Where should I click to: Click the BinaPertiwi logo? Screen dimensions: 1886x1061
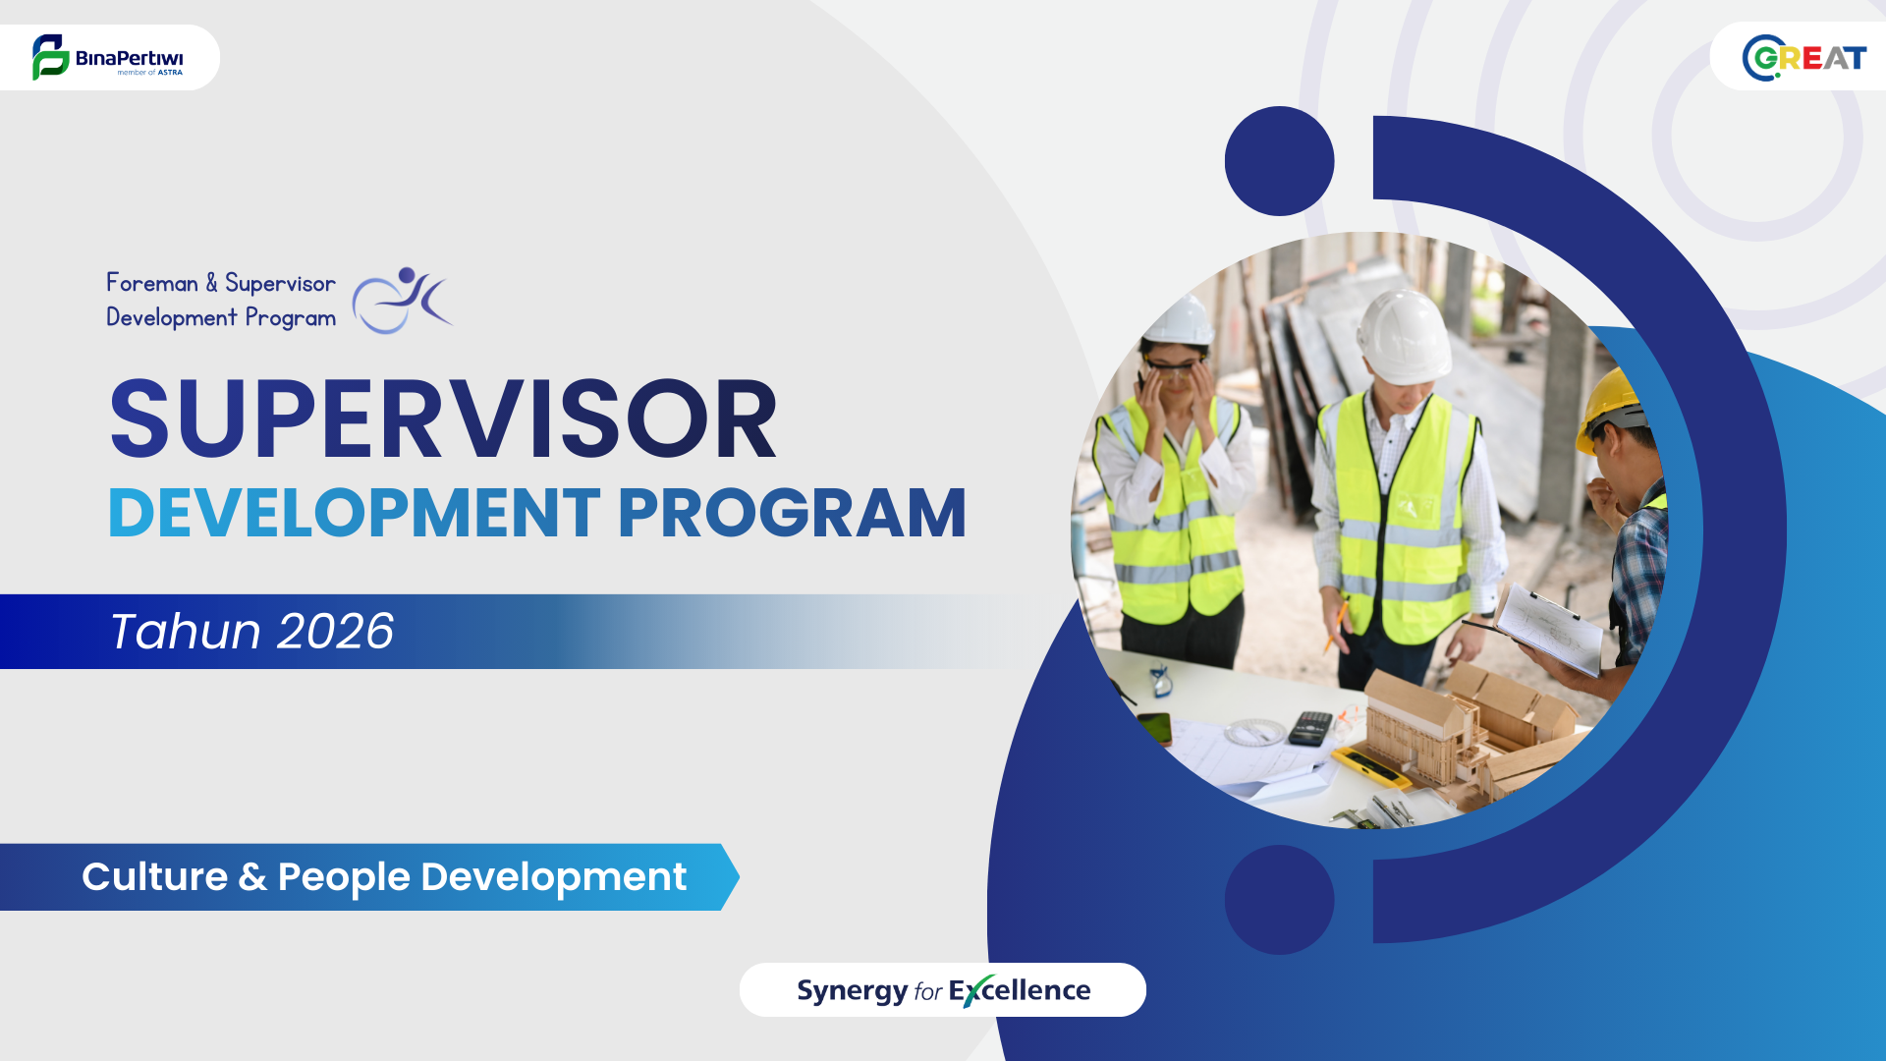pos(107,57)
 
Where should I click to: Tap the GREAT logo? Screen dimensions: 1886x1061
pos(1804,58)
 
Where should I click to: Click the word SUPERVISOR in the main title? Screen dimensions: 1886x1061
pos(443,419)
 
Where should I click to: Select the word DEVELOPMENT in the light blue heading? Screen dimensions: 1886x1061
pos(354,513)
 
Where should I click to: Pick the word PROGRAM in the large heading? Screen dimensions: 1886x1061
pos(792,513)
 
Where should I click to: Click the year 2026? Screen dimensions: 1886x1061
pos(335,631)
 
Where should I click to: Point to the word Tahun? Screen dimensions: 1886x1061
pos(186,631)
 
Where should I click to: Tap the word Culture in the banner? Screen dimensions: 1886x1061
pos(155,876)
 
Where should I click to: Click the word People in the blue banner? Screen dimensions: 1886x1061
pos(344,877)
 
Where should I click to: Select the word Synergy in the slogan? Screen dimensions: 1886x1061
pos(853,990)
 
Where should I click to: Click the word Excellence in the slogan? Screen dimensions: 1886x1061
pos(1020,990)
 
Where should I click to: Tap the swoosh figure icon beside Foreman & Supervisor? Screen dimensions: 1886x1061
pos(402,300)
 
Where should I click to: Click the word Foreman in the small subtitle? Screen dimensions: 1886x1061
pos(152,283)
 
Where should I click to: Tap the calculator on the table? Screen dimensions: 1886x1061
pos(1309,728)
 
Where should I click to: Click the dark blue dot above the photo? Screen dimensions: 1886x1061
pos(1279,161)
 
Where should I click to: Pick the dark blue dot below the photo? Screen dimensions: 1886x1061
pos(1279,900)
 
